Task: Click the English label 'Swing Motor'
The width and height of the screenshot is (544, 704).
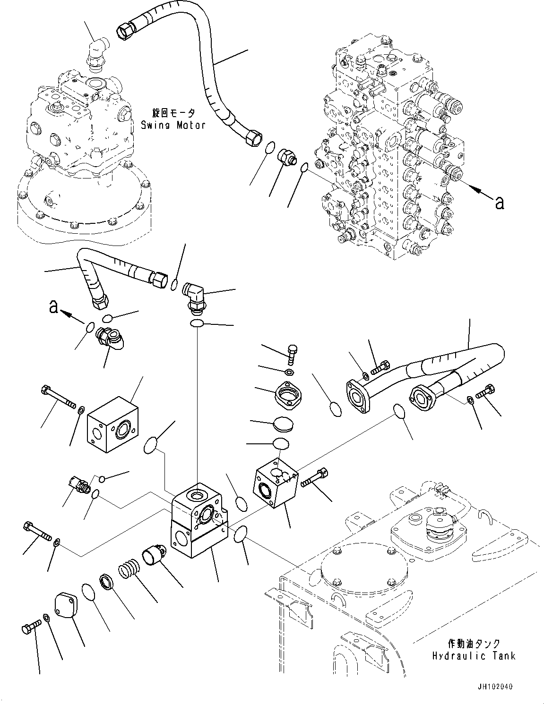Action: tap(173, 125)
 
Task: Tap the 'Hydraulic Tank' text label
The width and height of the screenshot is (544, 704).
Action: tap(473, 655)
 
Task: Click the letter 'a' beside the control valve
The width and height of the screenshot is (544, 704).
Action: tap(499, 202)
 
